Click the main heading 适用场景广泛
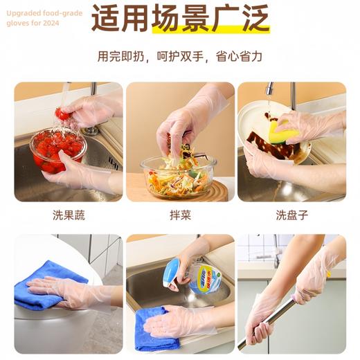point(180,19)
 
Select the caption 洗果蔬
point(69,215)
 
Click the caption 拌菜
point(180,215)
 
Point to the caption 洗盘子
point(291,215)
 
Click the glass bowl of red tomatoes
point(57,150)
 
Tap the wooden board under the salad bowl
point(208,190)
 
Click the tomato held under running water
point(63,113)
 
